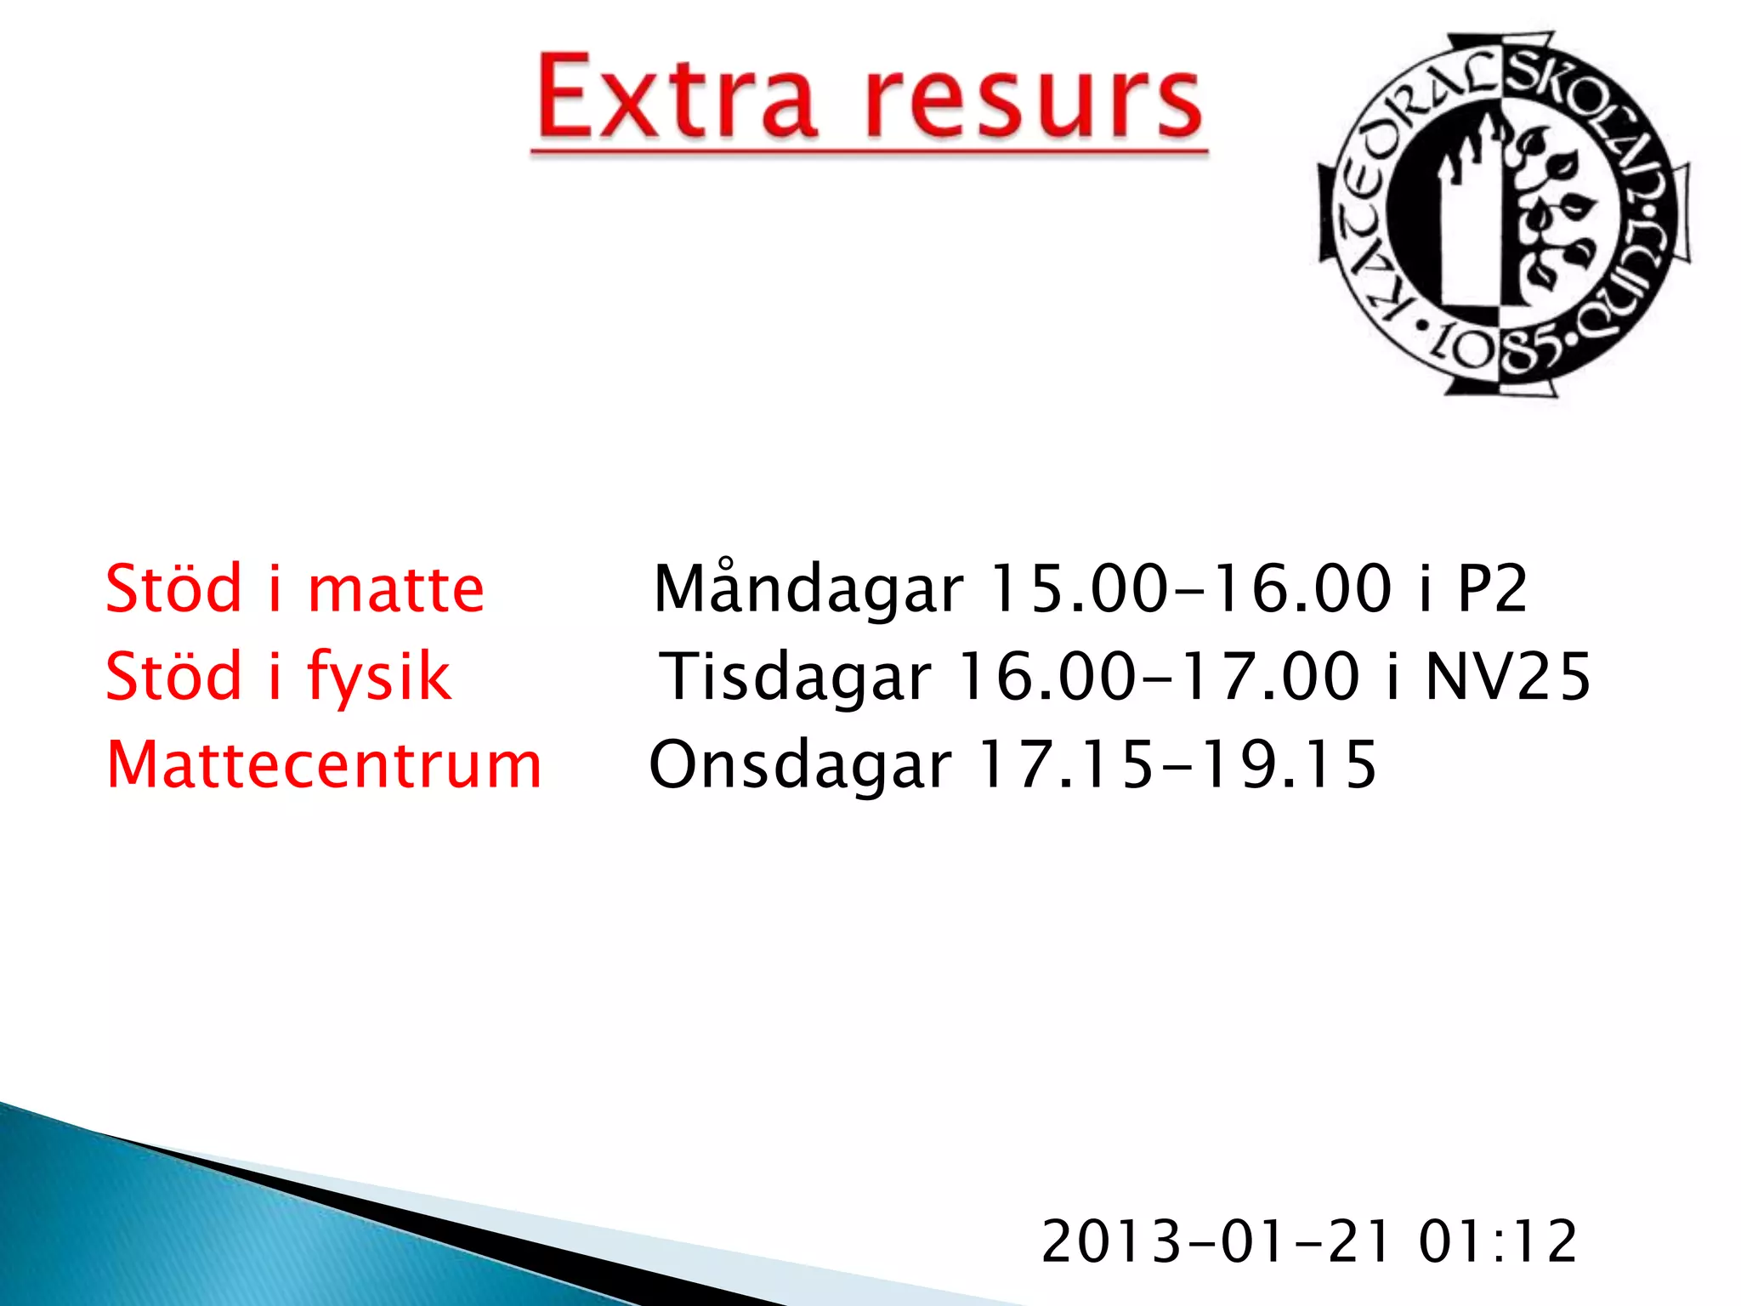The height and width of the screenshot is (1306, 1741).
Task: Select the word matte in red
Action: (x=395, y=589)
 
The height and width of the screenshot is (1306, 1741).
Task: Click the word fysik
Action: (x=378, y=677)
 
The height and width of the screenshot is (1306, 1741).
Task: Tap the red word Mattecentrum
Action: (x=324, y=764)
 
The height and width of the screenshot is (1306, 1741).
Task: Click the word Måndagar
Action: (x=808, y=589)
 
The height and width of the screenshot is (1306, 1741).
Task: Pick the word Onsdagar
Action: (x=800, y=764)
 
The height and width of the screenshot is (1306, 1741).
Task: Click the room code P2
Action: (x=1493, y=589)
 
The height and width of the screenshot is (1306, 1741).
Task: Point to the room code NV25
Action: (x=1507, y=677)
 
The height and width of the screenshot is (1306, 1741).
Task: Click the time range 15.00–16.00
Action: (x=1191, y=589)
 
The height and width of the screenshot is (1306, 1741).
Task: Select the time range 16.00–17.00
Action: (x=1159, y=677)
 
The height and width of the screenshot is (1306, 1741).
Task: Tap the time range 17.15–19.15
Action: (x=1177, y=764)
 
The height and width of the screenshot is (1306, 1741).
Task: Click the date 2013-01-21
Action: (x=1216, y=1241)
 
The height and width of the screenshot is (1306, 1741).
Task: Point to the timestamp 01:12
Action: (x=1497, y=1241)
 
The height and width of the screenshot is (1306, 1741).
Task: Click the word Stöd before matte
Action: (x=174, y=589)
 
